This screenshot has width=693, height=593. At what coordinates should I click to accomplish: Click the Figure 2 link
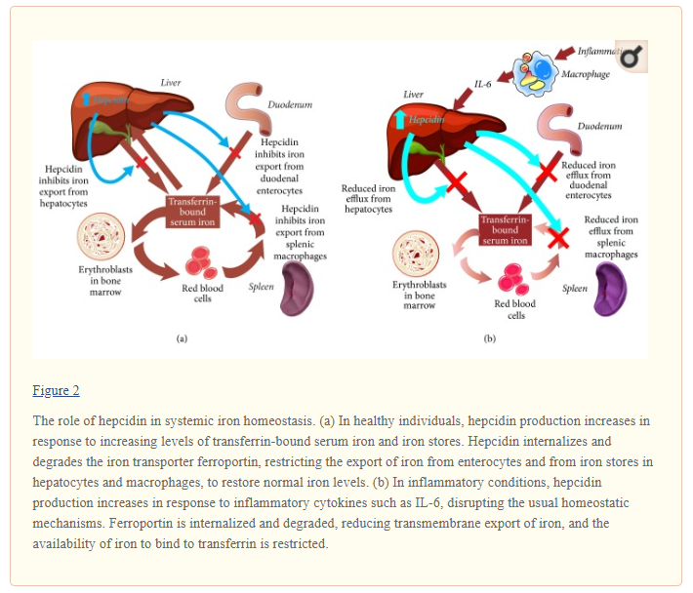pos(56,391)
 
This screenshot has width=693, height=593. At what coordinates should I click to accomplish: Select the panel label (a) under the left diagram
pos(182,338)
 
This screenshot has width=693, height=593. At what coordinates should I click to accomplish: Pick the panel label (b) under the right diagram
pos(490,338)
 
